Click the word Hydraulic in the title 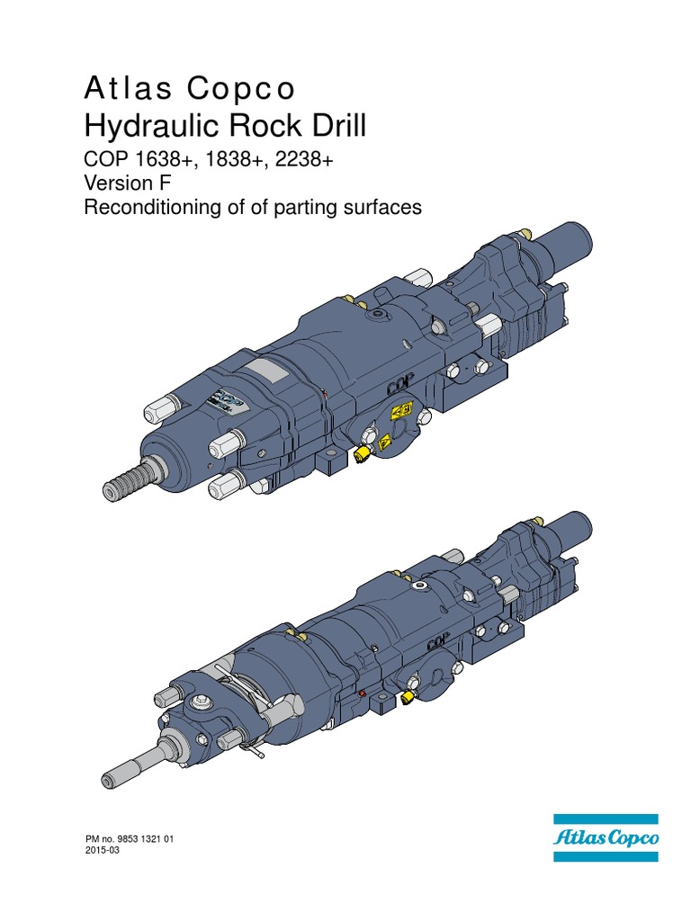[150, 126]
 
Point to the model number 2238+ [304, 159]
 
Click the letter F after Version [165, 183]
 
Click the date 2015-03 [103, 850]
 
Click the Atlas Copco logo [606, 837]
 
